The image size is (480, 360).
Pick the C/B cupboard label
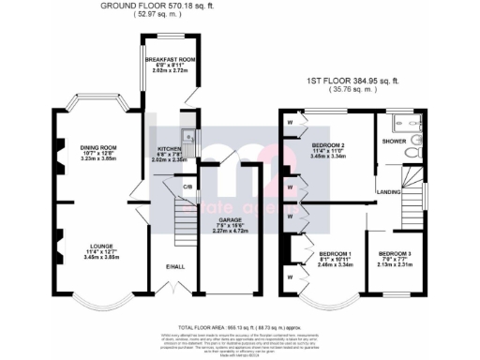coord(187,187)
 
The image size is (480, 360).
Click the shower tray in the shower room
coord(406,121)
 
